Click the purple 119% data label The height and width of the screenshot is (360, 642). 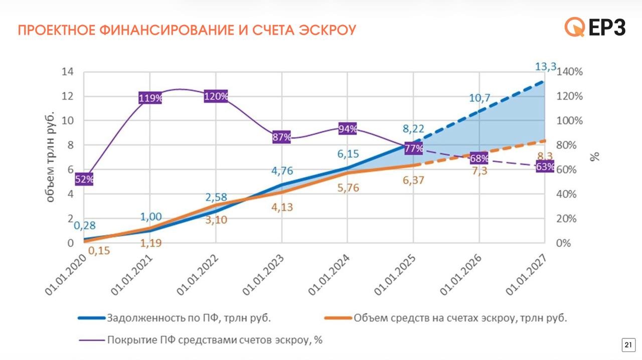150,98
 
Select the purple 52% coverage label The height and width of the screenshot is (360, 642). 84,179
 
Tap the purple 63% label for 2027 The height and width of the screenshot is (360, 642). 545,167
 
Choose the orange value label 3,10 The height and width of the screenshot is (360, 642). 216,219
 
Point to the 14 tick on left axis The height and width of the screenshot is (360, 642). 67,72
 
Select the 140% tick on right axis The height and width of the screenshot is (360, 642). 570,72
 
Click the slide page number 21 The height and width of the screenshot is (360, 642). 627,345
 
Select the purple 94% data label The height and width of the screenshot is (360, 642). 348,129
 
